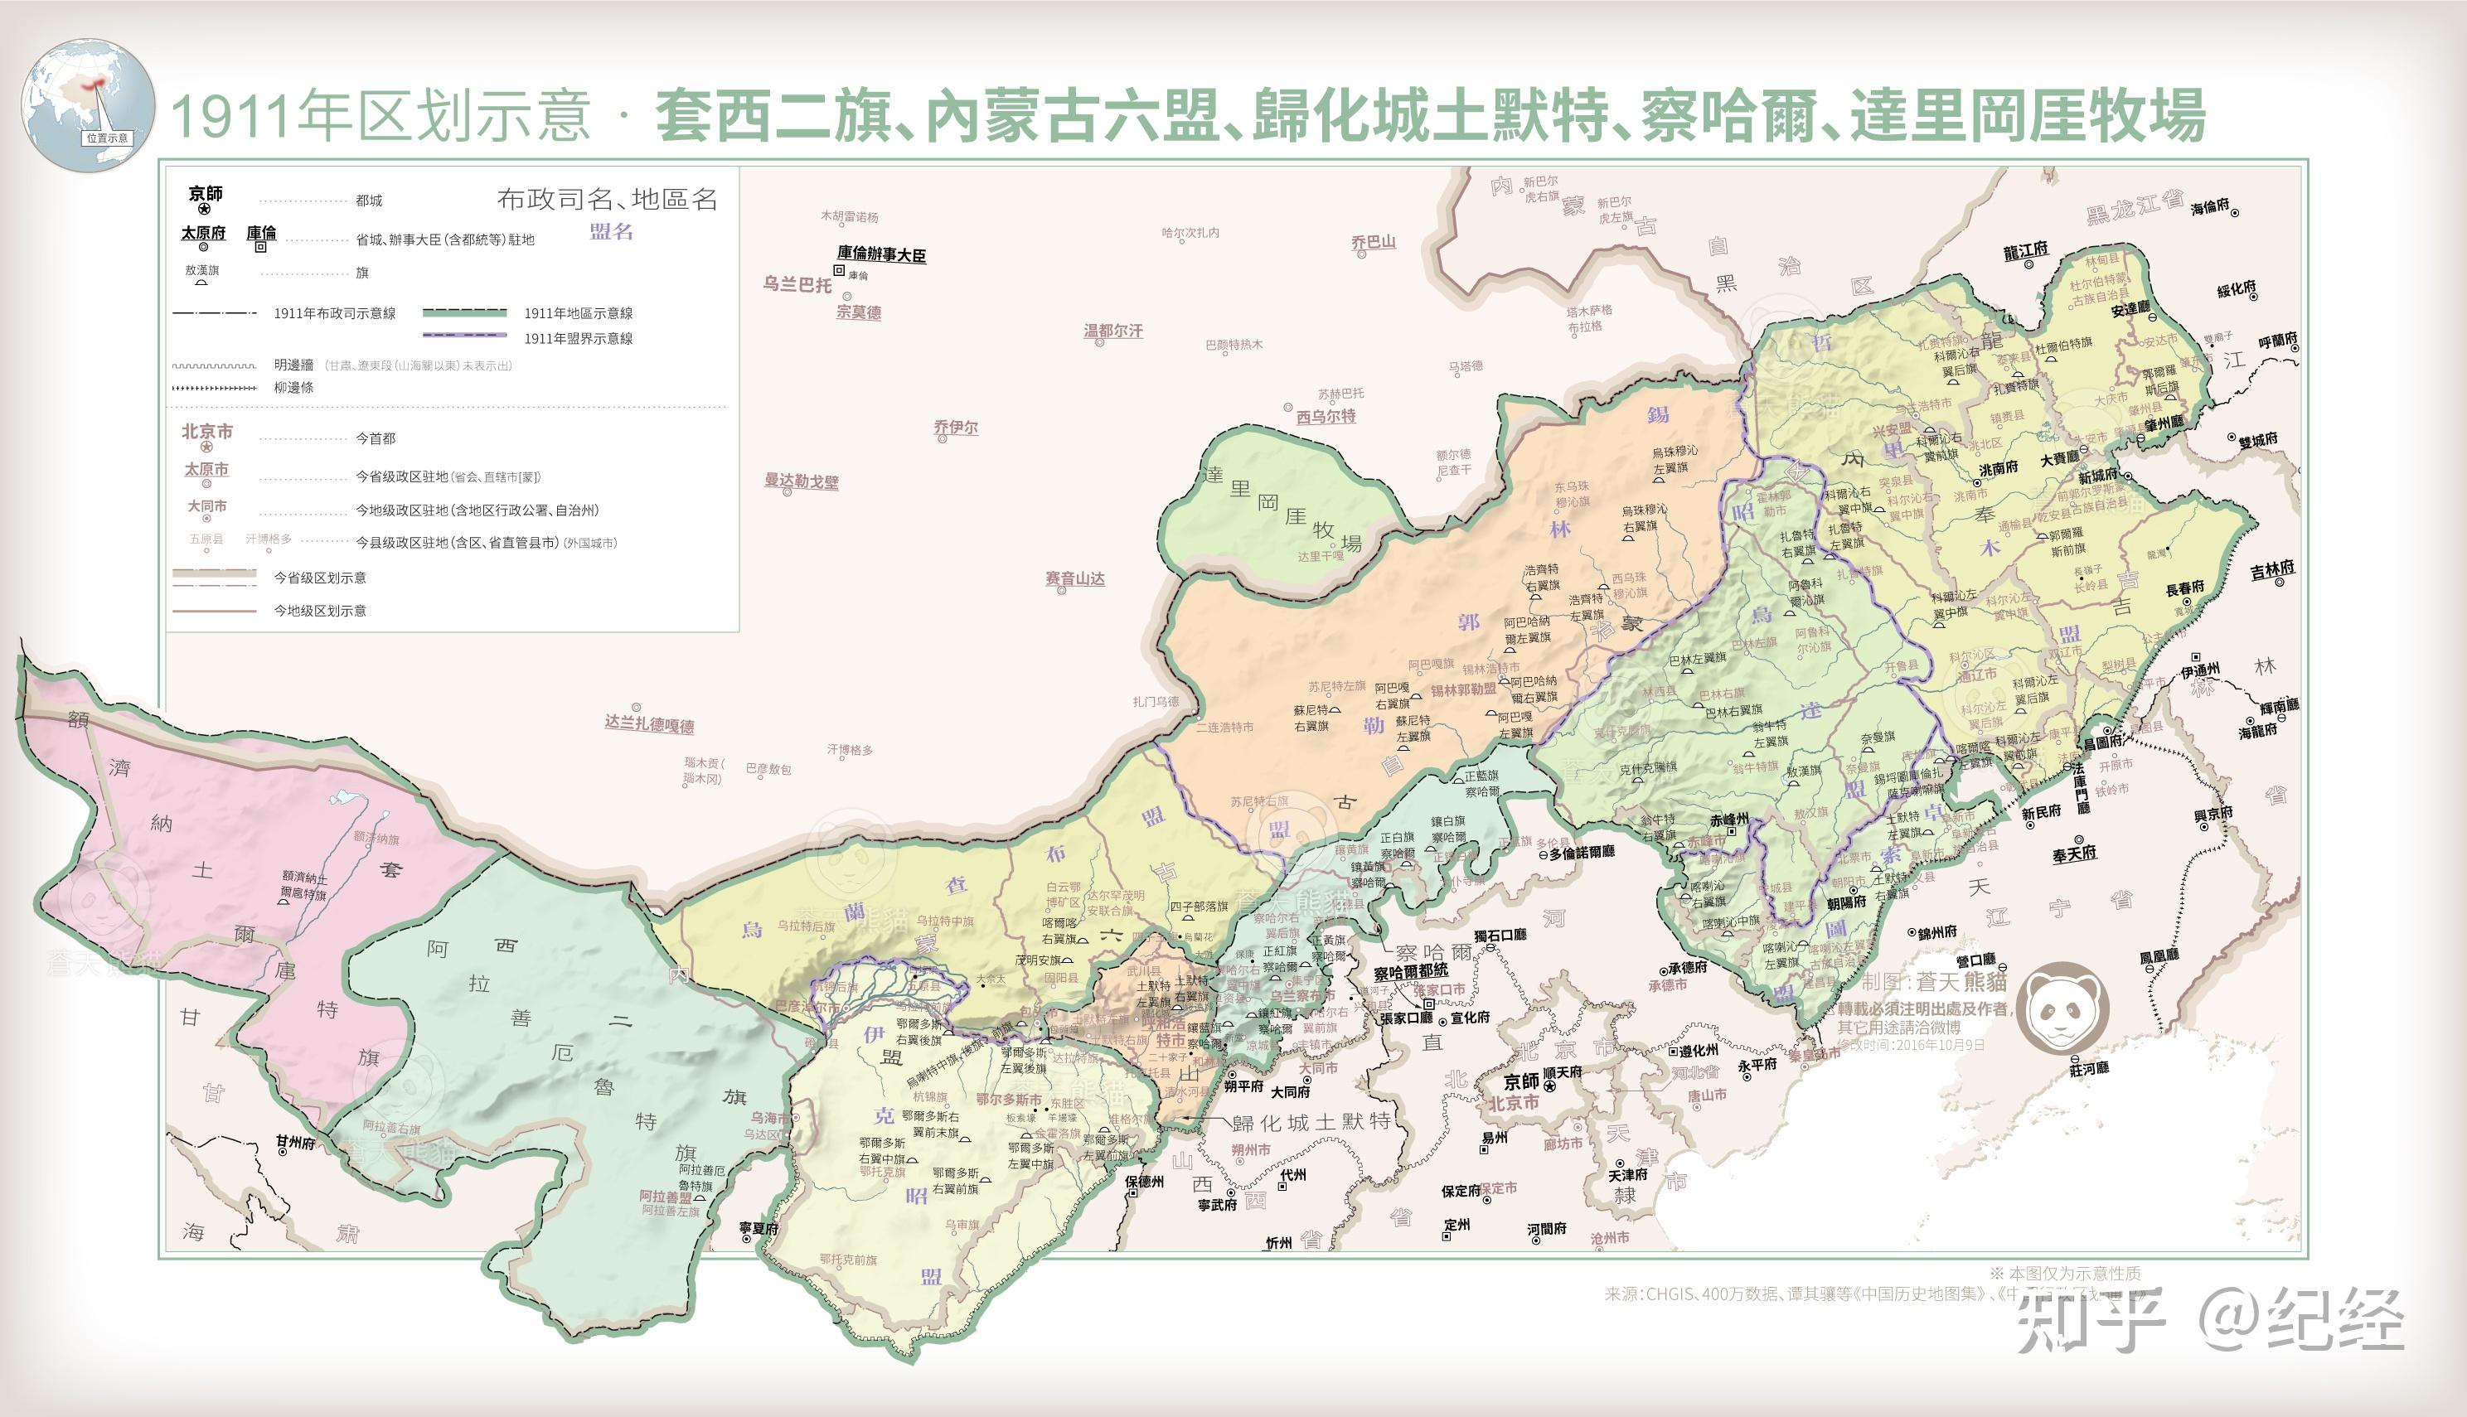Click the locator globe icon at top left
tap(88, 105)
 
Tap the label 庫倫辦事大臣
tap(881, 255)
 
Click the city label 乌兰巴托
tap(797, 285)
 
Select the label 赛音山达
tap(1075, 579)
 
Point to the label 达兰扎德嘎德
tap(649, 725)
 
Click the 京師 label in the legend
tap(206, 194)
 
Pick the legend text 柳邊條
tap(293, 387)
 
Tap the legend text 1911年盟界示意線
tap(579, 339)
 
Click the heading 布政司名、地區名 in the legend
tap(607, 200)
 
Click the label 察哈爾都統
tap(1411, 970)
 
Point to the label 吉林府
tap(2272, 569)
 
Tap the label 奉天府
tap(2074, 854)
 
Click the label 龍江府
tap(2026, 251)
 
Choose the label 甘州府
tap(295, 1143)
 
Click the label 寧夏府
tap(759, 1229)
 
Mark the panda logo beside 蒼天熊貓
tap(2062, 1008)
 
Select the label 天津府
tap(1628, 1175)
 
